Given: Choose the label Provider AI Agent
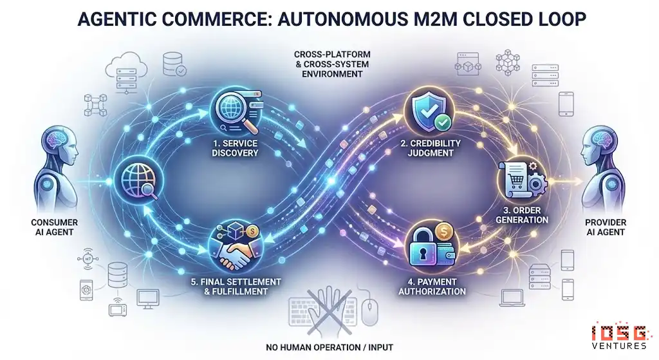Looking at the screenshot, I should coord(606,227).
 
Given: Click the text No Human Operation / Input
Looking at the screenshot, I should coord(329,348).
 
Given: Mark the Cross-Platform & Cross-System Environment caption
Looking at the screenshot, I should coord(329,65).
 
